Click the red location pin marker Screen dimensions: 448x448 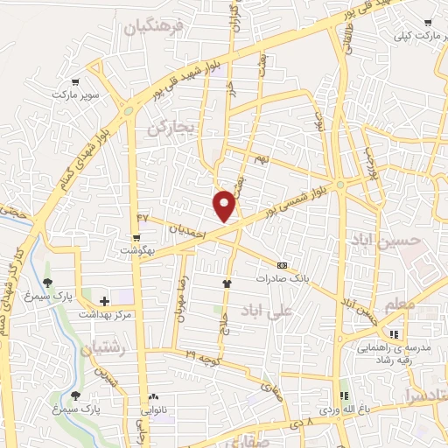(225, 205)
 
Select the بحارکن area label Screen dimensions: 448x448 (169, 128)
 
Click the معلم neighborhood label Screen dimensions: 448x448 (398, 303)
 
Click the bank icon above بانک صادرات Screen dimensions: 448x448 (282, 265)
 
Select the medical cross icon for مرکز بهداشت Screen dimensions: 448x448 (104, 301)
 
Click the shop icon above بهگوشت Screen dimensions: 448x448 (136, 237)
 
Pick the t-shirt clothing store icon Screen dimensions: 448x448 (228, 283)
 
